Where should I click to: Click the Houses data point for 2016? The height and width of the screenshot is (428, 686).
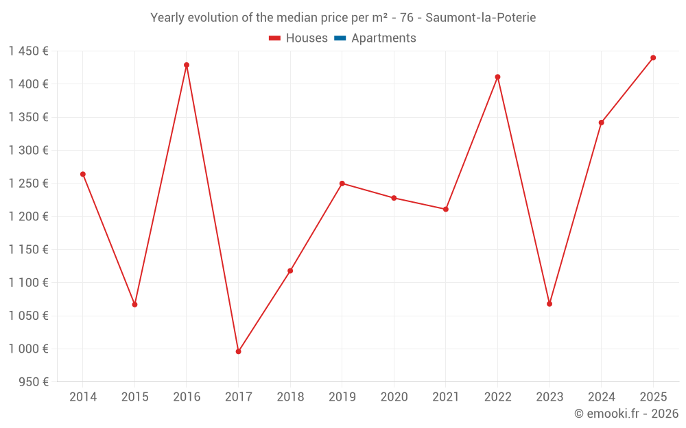pyautogui.click(x=187, y=65)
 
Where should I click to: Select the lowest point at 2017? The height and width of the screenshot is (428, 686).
pyautogui.click(x=238, y=351)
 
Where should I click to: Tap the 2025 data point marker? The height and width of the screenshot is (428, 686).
pyautogui.click(x=653, y=58)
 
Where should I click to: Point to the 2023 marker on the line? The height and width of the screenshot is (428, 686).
pyautogui.click(x=549, y=303)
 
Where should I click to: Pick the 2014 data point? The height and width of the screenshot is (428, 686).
pyautogui.click(x=83, y=174)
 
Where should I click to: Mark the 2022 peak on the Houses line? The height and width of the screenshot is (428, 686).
pyautogui.click(x=497, y=77)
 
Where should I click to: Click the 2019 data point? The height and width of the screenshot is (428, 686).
pyautogui.click(x=342, y=184)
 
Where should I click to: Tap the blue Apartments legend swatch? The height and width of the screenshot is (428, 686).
pyautogui.click(x=340, y=38)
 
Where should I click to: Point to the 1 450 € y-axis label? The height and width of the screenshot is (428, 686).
pyautogui.click(x=28, y=51)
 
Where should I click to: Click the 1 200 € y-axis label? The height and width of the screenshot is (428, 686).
pyautogui.click(x=28, y=216)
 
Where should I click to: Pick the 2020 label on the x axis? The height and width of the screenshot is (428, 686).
pyautogui.click(x=394, y=396)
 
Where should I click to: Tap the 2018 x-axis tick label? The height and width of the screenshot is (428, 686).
pyautogui.click(x=290, y=396)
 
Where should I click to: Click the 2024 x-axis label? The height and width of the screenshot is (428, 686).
pyautogui.click(x=601, y=396)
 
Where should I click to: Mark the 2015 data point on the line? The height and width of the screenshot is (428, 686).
pyautogui.click(x=134, y=304)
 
